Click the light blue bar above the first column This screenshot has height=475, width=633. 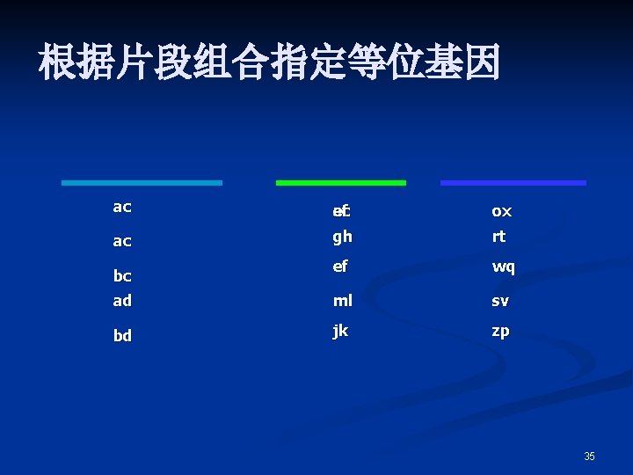point(142,183)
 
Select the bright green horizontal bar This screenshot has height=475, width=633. point(341,183)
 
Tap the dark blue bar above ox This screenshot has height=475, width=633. point(513,183)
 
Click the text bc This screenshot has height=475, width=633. point(122,275)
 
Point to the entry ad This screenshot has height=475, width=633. point(122,300)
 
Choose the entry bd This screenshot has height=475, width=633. point(122,335)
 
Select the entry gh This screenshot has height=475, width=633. point(342,237)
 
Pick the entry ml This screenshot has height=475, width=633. point(342,300)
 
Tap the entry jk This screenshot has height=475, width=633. point(341,331)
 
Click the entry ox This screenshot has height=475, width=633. point(501,211)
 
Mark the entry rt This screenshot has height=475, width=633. point(498,237)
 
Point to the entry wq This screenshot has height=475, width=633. point(503,267)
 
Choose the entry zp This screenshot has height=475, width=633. point(500,331)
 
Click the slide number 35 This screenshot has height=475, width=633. point(589,457)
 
